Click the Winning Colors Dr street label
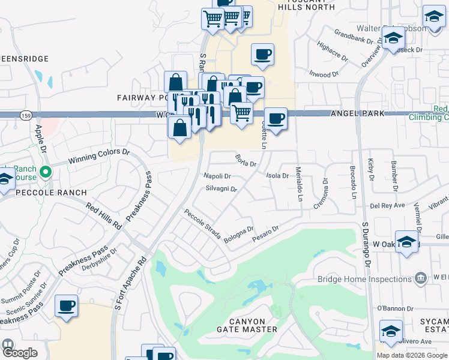tap(99, 156)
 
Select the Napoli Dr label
tap(217, 176)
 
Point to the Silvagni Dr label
tap(221, 188)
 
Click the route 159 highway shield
tap(25, 115)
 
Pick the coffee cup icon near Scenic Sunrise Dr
tap(66, 305)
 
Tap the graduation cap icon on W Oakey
tap(406, 242)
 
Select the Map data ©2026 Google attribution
tap(412, 355)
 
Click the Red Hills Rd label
tap(104, 216)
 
